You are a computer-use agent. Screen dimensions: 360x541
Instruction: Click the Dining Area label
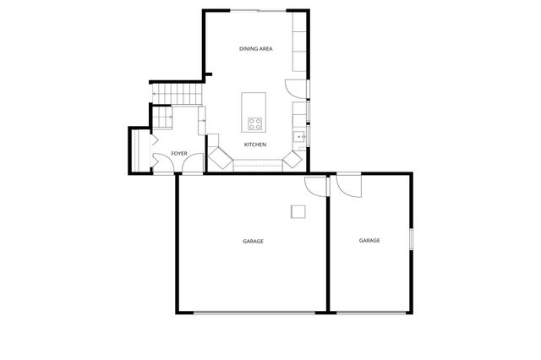tap(255, 49)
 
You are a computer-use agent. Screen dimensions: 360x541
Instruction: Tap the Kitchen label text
tap(255, 145)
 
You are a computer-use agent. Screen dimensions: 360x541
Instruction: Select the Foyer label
tap(179, 153)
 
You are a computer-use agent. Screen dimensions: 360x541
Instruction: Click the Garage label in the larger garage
tap(253, 242)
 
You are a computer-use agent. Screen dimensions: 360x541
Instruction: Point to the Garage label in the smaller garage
tap(369, 241)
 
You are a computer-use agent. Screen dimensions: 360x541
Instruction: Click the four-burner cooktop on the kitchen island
tap(254, 124)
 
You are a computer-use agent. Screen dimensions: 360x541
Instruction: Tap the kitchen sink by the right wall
tap(299, 136)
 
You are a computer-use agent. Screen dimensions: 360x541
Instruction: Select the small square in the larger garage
tap(298, 211)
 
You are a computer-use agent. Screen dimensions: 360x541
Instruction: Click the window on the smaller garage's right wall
tap(412, 239)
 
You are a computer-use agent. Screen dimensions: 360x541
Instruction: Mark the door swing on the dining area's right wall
tap(292, 86)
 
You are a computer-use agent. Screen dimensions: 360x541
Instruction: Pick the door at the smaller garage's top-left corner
tap(347, 184)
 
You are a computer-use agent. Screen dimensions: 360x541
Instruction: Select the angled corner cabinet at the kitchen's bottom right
tap(292, 158)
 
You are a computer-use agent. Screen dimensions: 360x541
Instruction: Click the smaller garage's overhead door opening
tap(369, 314)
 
